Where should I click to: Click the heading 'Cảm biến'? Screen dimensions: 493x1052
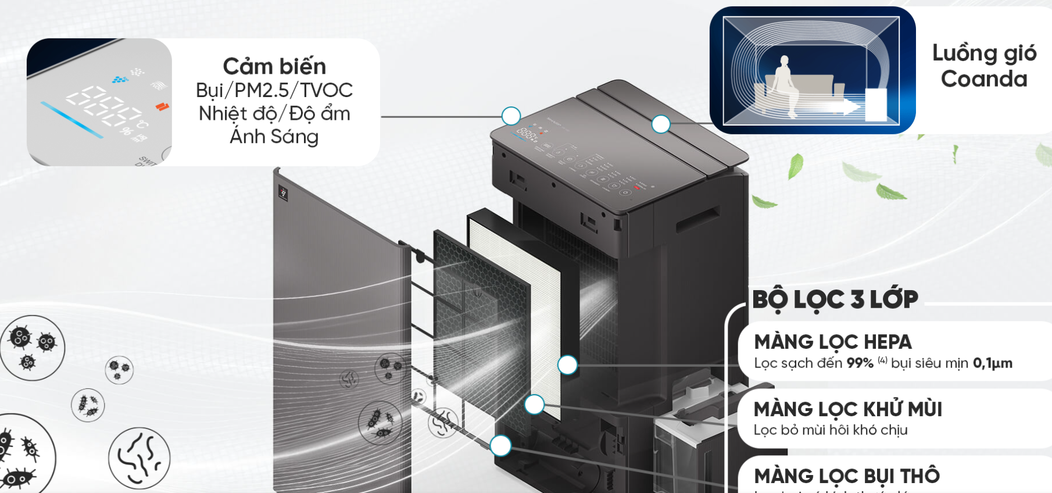click(274, 66)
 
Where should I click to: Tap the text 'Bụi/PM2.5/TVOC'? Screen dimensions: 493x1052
click(274, 90)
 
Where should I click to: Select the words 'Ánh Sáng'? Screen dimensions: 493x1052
click(274, 137)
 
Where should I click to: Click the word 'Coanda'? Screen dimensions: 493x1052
click(984, 78)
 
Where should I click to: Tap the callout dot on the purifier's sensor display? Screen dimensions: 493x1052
click(511, 116)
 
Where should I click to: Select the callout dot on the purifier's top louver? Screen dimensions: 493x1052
click(661, 124)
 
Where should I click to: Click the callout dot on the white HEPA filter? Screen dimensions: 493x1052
click(567, 365)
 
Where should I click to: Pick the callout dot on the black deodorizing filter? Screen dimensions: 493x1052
click(534, 404)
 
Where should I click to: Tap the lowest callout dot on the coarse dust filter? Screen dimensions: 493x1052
click(500, 446)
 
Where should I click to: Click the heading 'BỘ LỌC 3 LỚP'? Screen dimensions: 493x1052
click(835, 299)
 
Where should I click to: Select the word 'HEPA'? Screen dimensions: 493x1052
click(887, 342)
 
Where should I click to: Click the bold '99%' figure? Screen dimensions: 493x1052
click(860, 363)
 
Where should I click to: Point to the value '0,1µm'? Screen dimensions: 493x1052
click(992, 363)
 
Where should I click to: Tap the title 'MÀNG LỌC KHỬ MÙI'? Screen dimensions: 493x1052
click(847, 409)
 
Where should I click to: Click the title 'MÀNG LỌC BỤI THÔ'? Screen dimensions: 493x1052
click(846, 476)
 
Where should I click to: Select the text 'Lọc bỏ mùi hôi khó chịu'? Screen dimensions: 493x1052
click(830, 430)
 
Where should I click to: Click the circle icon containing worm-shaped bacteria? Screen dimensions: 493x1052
click(139, 458)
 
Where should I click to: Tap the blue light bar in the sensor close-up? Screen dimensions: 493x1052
click(71, 120)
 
